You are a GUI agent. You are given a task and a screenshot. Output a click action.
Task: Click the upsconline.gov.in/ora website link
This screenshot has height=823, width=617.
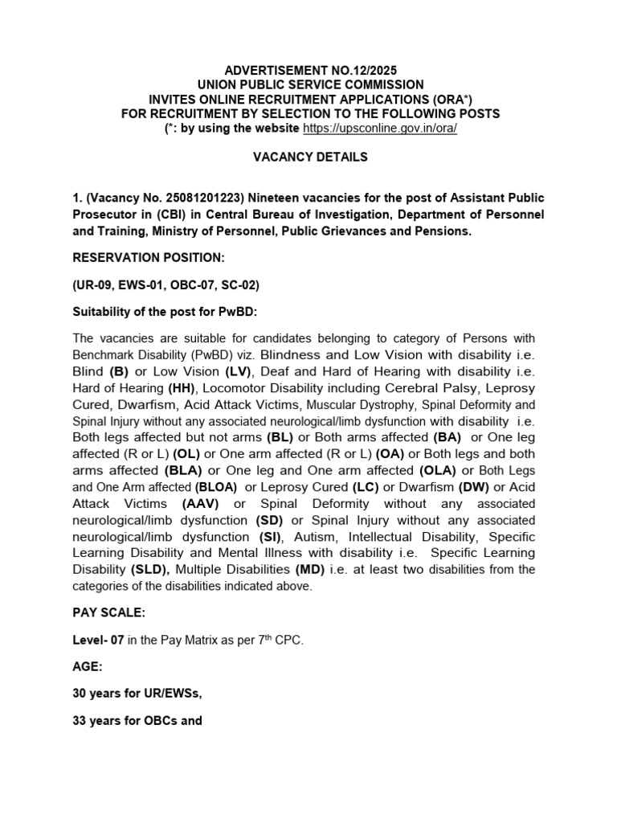pos(380,129)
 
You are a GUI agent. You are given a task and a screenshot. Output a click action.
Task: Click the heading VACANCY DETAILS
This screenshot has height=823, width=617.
pos(310,157)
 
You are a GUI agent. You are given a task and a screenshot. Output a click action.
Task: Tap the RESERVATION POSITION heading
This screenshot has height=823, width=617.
pos(149,257)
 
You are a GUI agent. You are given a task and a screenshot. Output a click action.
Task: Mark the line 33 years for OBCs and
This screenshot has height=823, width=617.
pos(137,721)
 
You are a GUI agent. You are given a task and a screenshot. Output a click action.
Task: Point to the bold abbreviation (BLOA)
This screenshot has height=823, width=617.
pos(216,487)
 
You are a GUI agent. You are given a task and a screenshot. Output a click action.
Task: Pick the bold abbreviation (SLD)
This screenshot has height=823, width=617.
pos(150,570)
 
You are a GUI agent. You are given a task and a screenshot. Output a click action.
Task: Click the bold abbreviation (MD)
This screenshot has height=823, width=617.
pos(309,570)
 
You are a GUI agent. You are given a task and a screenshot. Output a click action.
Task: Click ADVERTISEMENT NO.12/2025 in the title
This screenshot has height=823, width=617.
pos(310,70)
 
